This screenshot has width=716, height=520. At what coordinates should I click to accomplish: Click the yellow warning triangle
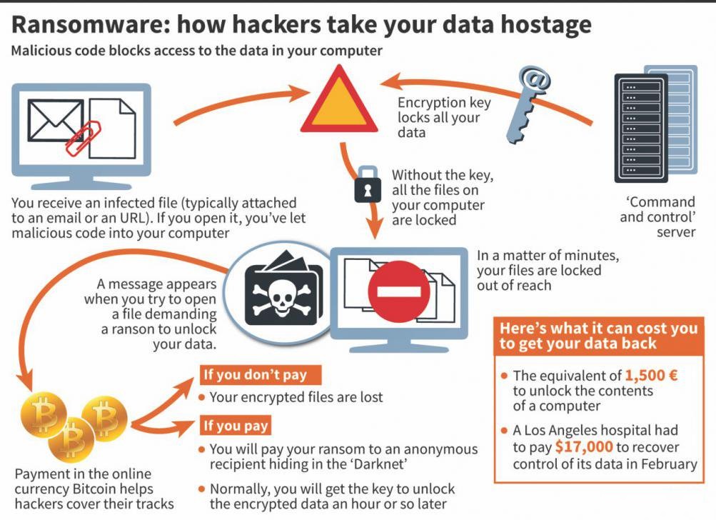338,103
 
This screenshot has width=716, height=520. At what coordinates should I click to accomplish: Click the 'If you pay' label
236,426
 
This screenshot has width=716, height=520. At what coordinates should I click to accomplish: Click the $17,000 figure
583,447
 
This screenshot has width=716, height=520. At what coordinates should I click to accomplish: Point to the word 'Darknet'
400,465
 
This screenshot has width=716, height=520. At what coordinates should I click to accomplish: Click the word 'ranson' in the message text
123,329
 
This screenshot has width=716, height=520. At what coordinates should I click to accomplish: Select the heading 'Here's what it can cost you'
597,329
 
